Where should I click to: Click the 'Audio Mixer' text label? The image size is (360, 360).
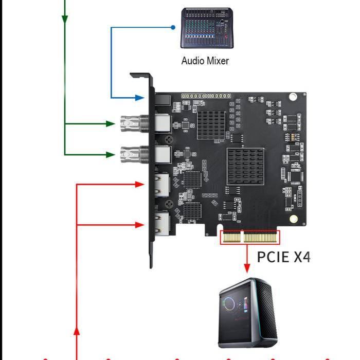click(x=205, y=61)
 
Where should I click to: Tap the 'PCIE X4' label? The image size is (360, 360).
click(x=284, y=256)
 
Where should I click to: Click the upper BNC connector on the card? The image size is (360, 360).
click(x=131, y=123)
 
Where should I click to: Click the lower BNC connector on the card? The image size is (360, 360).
click(x=131, y=153)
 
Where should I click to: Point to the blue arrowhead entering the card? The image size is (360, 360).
click(x=139, y=97)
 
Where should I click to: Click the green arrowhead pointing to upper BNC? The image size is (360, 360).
click(x=110, y=123)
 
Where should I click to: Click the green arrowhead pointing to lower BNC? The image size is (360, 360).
click(x=110, y=153)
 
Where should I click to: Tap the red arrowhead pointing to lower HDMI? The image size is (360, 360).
click(x=139, y=225)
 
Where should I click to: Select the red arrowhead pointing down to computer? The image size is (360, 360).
click(x=247, y=268)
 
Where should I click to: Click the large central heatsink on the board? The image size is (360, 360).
click(x=245, y=166)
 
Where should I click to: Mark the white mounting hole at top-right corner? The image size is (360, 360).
click(x=293, y=96)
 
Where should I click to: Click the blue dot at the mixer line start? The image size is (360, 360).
click(x=174, y=27)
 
